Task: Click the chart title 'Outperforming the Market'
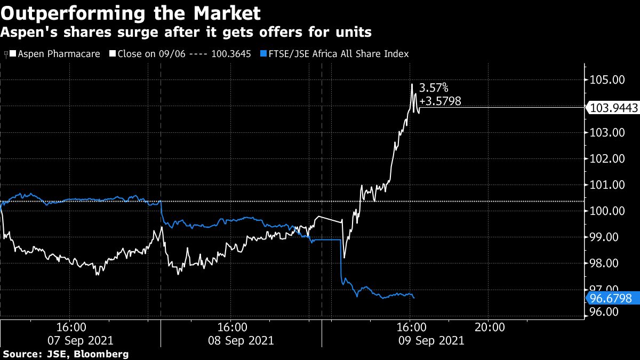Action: [131, 12]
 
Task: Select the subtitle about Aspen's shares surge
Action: [186, 33]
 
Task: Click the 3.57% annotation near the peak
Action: [434, 87]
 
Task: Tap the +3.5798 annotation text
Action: [441, 100]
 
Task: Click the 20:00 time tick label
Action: [490, 326]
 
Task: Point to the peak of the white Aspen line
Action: [412, 84]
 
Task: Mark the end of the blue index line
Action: [414, 298]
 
